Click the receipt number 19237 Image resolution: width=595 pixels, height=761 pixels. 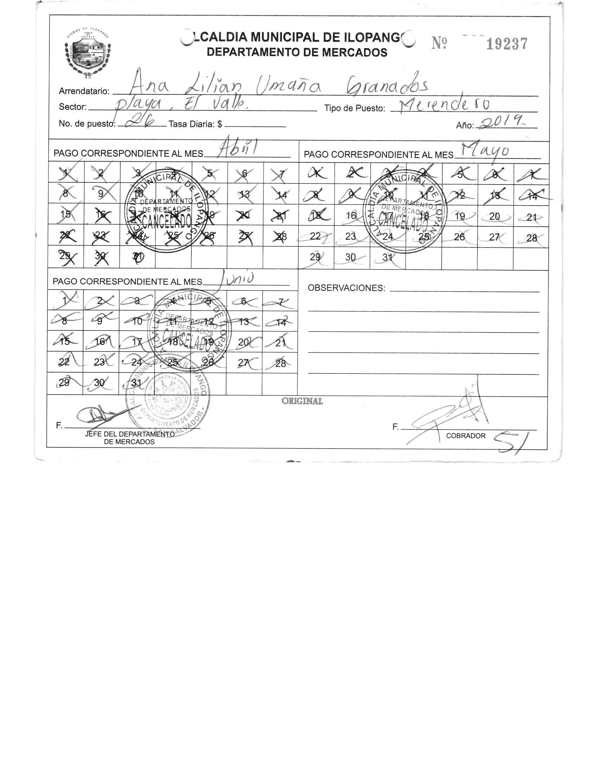click(507, 44)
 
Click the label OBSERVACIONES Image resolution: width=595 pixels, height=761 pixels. click(346, 288)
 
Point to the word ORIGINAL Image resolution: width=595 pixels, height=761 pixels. click(302, 401)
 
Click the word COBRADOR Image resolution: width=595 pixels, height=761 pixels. click(465, 436)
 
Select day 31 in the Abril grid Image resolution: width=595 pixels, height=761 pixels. click(137, 257)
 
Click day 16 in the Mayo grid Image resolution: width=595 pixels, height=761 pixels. click(351, 215)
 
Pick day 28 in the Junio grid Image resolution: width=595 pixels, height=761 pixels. click(280, 363)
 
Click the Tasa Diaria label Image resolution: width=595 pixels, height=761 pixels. click(195, 124)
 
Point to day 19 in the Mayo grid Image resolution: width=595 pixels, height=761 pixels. click(459, 216)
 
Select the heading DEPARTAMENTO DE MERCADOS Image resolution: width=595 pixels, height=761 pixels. click(297, 52)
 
